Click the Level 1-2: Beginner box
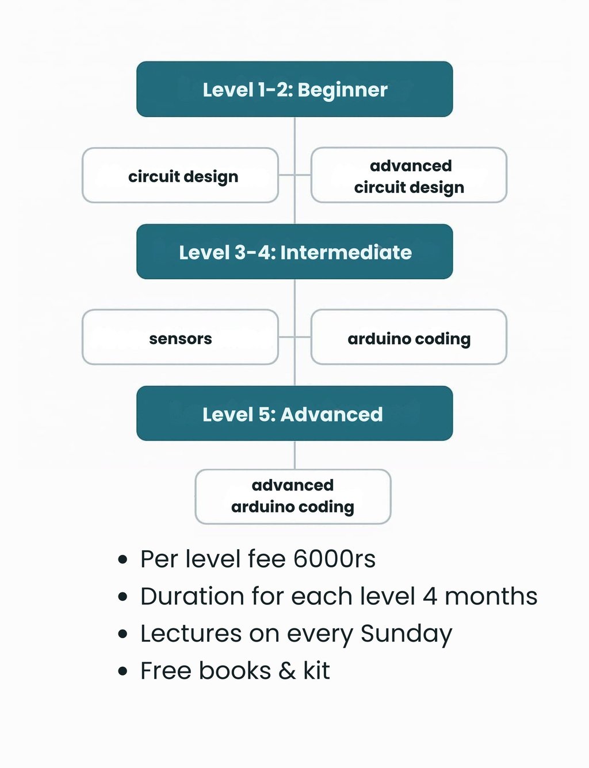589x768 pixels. click(x=294, y=89)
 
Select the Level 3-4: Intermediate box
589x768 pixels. click(x=294, y=252)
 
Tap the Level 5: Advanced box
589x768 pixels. click(x=294, y=414)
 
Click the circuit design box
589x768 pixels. click(x=181, y=175)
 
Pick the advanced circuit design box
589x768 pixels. click(x=409, y=175)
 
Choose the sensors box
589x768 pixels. click(x=181, y=338)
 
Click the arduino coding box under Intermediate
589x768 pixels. click(x=409, y=338)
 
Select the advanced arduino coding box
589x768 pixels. click(x=293, y=496)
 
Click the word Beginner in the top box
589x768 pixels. click(x=343, y=90)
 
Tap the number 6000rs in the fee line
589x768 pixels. click(x=334, y=559)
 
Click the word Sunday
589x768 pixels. click(x=406, y=634)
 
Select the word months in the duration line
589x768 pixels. click(x=491, y=596)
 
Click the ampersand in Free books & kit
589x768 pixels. click(x=287, y=671)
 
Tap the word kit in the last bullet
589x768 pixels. click(x=316, y=671)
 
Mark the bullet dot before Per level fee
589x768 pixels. click(x=123, y=559)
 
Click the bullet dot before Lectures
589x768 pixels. click(x=123, y=634)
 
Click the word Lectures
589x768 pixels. click(x=191, y=634)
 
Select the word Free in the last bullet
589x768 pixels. click(x=165, y=671)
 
